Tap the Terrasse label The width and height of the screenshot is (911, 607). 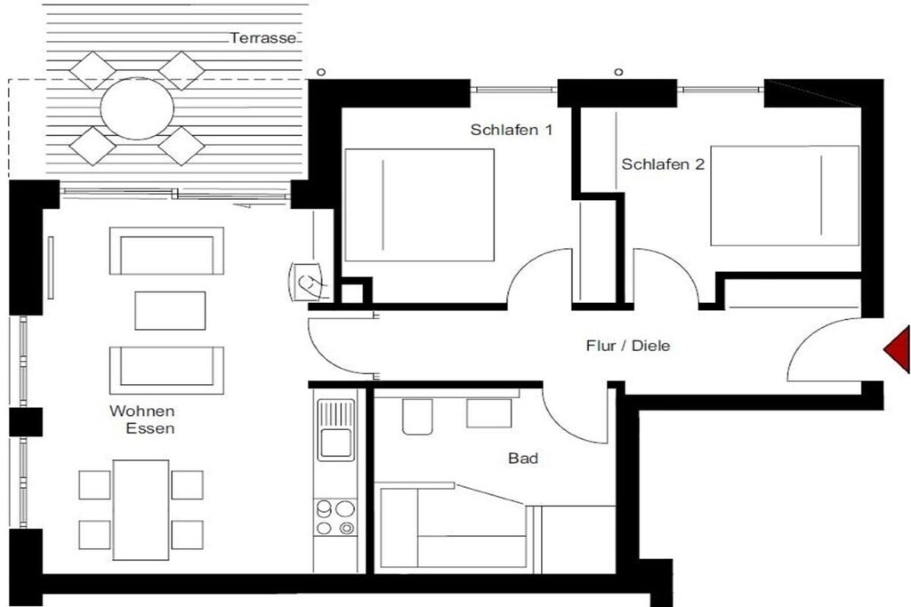[x=262, y=38]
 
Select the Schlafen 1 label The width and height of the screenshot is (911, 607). [x=512, y=130]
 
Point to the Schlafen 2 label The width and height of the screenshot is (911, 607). [x=663, y=164]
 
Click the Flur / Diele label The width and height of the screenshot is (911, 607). [x=628, y=346]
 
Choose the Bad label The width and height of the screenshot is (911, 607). [x=523, y=459]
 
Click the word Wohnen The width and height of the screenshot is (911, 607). [x=142, y=411]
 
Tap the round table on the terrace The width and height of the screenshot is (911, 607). [x=137, y=108]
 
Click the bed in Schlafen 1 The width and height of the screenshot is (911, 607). [x=420, y=204]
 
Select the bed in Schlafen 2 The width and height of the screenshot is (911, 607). [x=785, y=196]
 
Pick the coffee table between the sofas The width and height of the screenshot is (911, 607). [x=170, y=310]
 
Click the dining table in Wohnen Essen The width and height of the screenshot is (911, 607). [x=141, y=509]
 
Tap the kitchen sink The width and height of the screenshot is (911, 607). [x=335, y=430]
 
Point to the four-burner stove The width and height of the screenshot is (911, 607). [x=335, y=517]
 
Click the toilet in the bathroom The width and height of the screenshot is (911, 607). [x=418, y=416]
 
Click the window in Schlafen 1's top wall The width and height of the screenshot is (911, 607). [x=513, y=90]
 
